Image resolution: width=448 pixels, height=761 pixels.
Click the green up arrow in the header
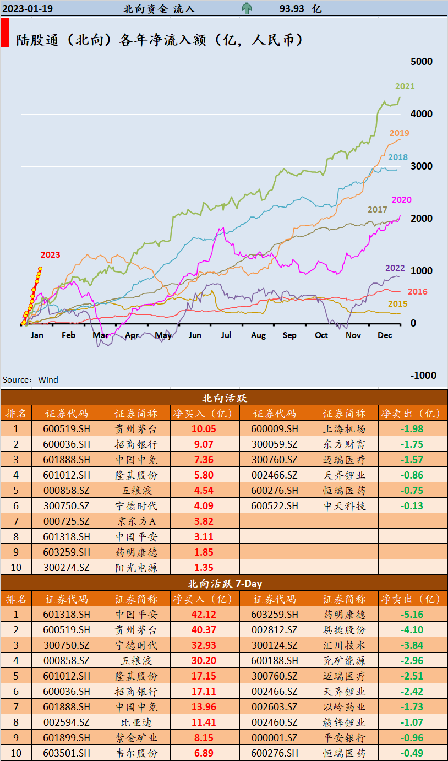point(246,8)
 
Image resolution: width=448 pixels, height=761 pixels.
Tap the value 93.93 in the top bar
point(292,9)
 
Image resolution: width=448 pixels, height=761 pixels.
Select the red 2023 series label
point(50,254)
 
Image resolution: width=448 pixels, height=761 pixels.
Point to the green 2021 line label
point(405,86)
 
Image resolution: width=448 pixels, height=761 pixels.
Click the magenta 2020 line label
point(401,200)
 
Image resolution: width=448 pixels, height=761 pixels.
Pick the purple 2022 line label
point(395,268)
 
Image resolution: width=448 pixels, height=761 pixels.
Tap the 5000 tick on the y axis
point(421,62)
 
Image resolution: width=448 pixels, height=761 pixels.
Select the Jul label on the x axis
point(226,335)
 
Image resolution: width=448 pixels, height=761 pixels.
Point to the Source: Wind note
point(30,380)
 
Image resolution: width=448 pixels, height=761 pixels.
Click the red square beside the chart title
point(4,32)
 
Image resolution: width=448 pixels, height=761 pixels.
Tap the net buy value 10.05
point(203,429)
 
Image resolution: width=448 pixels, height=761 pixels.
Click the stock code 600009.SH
point(274,429)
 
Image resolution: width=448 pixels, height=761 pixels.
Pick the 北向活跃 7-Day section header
point(223,584)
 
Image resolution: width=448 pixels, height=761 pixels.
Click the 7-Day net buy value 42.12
point(203,615)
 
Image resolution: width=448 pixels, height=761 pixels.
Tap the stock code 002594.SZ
point(66,722)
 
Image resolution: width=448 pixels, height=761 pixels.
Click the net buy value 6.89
point(203,753)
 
